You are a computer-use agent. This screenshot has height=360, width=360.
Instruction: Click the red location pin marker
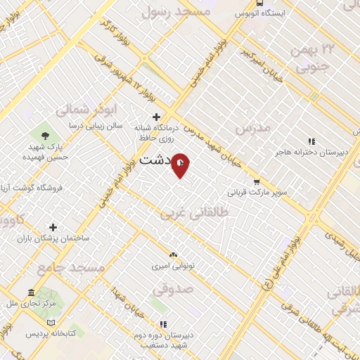[x=181, y=165]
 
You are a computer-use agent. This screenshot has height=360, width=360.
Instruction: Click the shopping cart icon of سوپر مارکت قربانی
[x=256, y=181]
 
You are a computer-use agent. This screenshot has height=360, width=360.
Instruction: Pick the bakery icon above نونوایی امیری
[x=173, y=255]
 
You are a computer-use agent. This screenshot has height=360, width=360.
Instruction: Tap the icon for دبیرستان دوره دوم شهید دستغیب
[x=163, y=324]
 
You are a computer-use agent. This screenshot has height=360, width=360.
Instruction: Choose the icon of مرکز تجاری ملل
[x=31, y=292]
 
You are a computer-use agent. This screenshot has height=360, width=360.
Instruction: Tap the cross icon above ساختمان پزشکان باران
[x=53, y=226]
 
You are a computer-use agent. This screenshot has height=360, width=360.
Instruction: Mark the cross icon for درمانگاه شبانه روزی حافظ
[x=156, y=117]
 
